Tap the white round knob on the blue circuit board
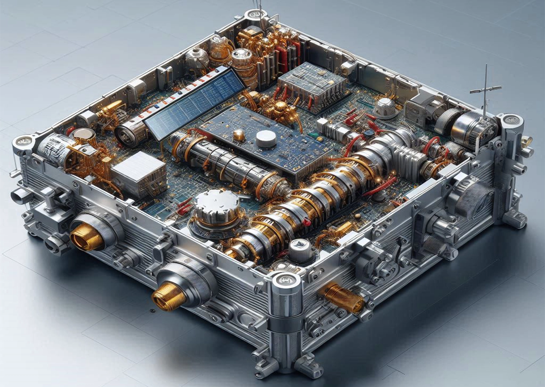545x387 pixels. click(264, 138)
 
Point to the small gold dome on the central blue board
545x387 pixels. click(239, 134)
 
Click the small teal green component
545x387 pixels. click(313, 135)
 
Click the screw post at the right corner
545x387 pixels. click(512, 121)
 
